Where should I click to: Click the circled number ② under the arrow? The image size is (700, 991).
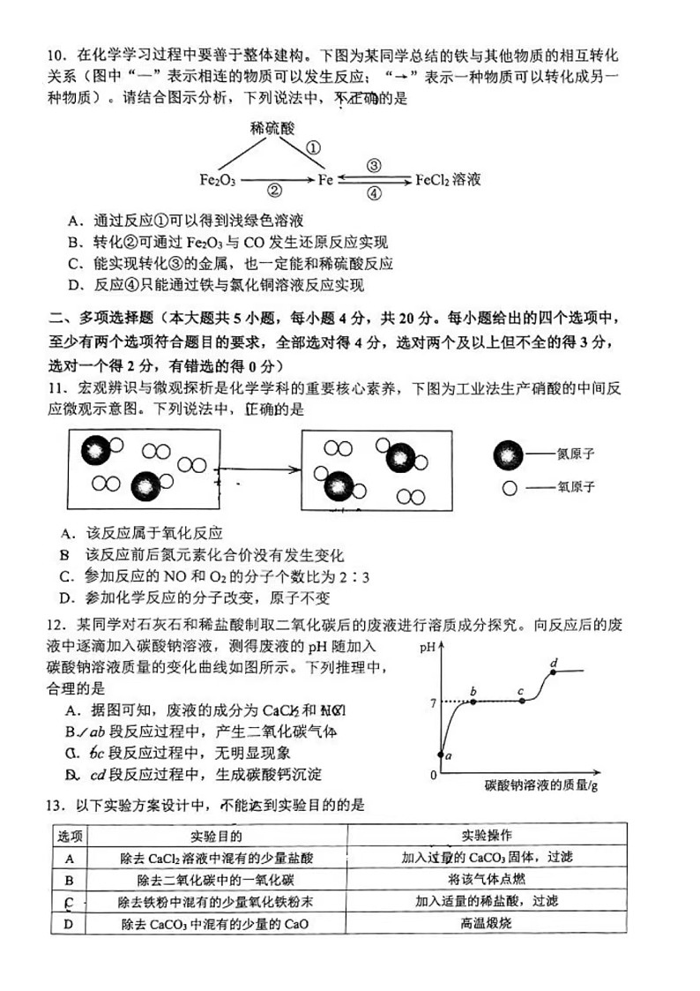(274, 191)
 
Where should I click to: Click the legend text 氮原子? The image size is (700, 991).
(576, 454)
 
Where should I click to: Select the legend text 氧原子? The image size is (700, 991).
(576, 486)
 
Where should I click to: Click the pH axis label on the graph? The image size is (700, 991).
(429, 647)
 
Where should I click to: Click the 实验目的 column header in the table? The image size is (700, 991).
(217, 835)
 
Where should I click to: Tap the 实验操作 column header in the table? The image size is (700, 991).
(487, 835)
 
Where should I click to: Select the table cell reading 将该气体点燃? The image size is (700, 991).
(487, 879)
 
